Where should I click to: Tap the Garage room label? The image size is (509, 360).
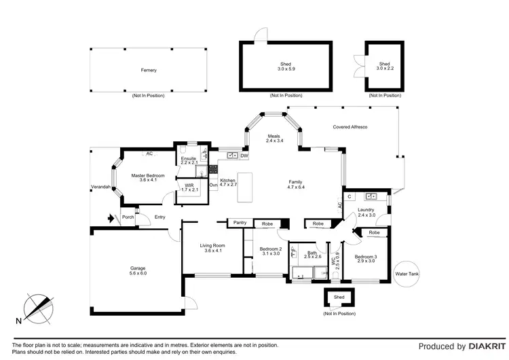[x=138, y=268]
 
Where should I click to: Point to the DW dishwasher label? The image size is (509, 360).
[x=244, y=156]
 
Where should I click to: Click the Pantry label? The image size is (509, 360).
[x=239, y=223]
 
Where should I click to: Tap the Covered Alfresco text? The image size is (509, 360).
[x=350, y=127]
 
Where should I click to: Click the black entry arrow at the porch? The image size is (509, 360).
[x=111, y=219]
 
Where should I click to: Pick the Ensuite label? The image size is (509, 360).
[x=189, y=159]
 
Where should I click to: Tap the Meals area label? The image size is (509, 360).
[x=274, y=136]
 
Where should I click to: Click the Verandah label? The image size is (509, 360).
[x=100, y=187]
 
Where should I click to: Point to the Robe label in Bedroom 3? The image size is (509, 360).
[x=374, y=233]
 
